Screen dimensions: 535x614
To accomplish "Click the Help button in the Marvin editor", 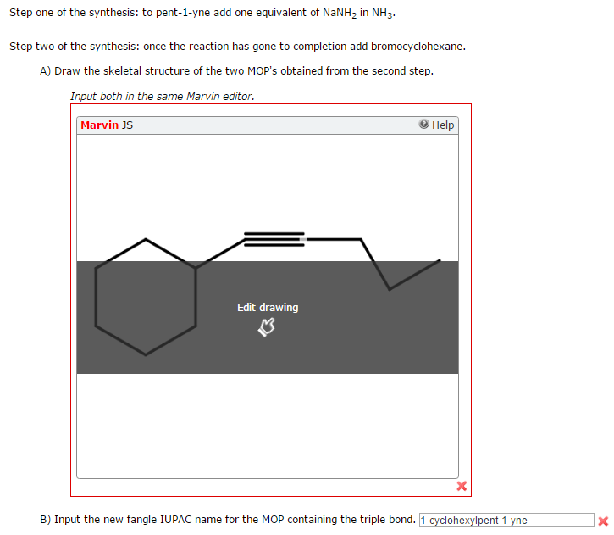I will click(x=437, y=125).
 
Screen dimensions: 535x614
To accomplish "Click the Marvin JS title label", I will click(x=106, y=125).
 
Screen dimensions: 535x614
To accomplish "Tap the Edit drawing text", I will click(x=268, y=307).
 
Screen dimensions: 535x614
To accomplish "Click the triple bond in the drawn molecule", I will click(x=274, y=239).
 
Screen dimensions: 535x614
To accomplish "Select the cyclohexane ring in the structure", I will click(x=146, y=297).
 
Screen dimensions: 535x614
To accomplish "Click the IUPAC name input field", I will click(x=506, y=520).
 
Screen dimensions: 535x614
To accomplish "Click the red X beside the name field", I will click(x=603, y=521).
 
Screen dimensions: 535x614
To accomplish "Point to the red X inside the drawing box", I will click(x=462, y=487).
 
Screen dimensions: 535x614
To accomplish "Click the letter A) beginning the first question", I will click(x=46, y=70).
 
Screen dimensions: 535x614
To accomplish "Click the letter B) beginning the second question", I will click(x=46, y=519).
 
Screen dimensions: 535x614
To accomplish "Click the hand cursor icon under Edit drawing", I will click(x=267, y=327).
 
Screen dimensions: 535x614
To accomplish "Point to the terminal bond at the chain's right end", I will click(x=414, y=275).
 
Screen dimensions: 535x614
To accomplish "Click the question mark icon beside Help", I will click(x=423, y=125).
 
